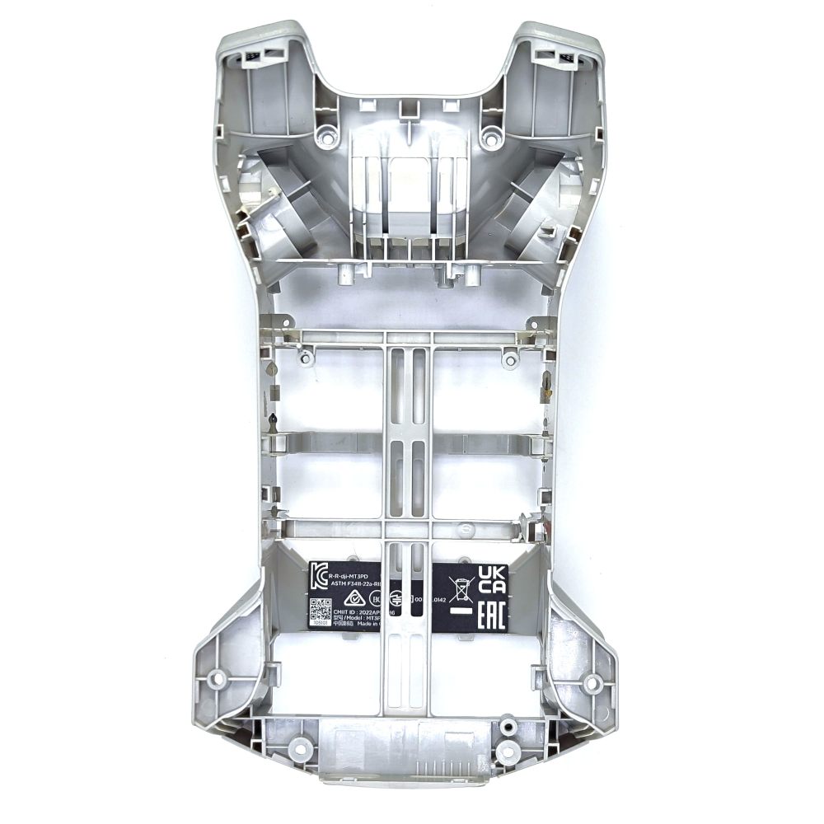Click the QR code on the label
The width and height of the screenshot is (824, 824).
pyautogui.click(x=319, y=611)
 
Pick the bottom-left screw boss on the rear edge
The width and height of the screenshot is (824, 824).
pyautogui.click(x=300, y=748)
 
